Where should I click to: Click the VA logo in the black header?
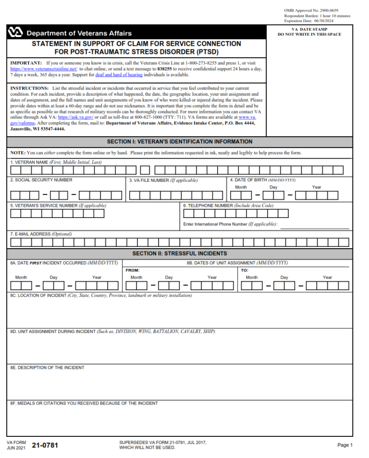[x=15, y=33]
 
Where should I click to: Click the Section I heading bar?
[x=179, y=142]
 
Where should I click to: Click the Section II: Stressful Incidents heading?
[x=179, y=254]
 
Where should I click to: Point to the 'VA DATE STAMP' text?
[x=309, y=29]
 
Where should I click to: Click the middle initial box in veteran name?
[x=145, y=170]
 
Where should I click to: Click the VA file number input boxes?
[x=176, y=195]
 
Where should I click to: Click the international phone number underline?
[x=315, y=228]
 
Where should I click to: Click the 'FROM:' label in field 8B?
[x=133, y=270]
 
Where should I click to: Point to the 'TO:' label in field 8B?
[x=245, y=270]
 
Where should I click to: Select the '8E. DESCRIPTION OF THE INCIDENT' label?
[x=47, y=368]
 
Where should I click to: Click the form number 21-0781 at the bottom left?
[x=45, y=445]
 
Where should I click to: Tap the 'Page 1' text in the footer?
[x=344, y=445]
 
